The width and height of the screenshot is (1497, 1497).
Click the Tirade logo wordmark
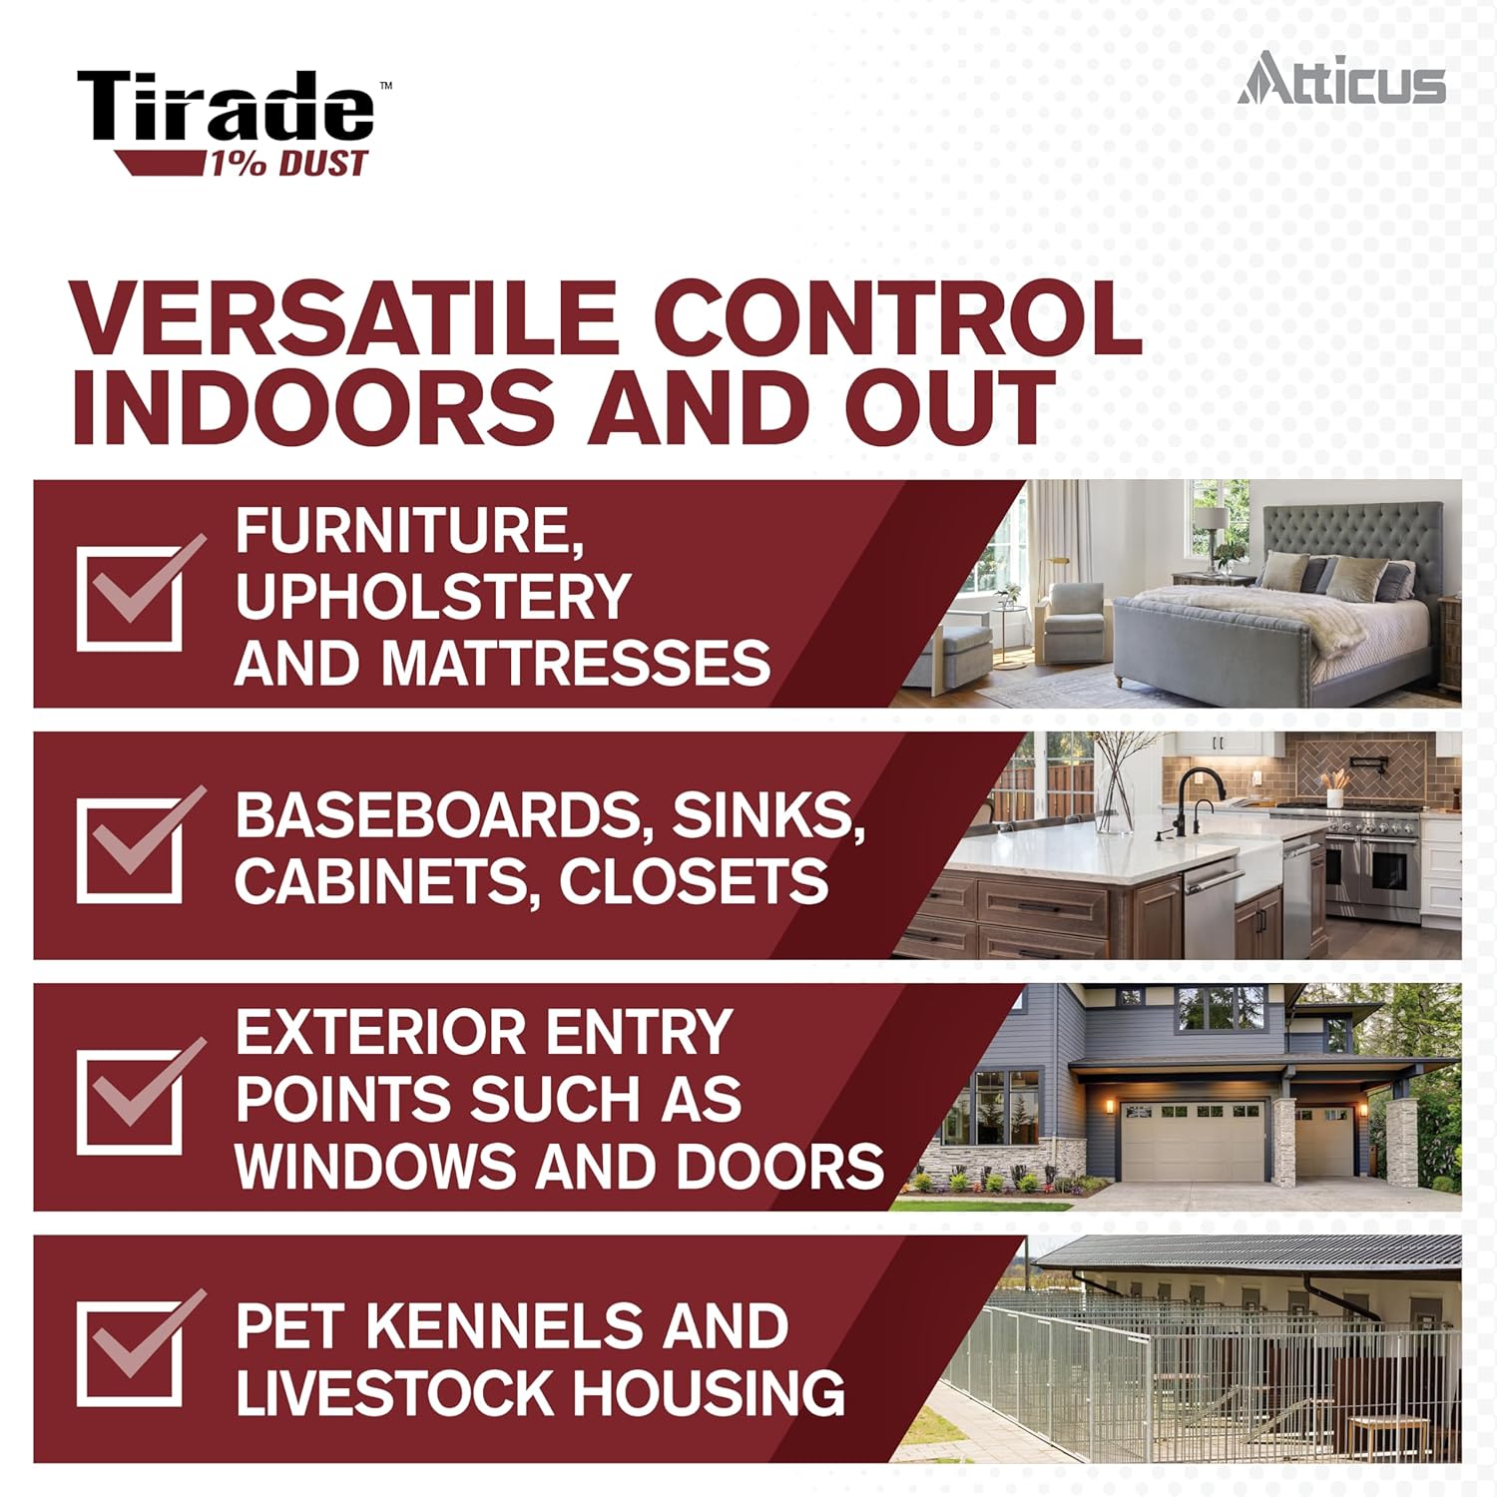228,107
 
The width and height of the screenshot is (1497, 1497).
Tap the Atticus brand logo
1341,79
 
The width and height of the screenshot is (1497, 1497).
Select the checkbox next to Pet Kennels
131,1354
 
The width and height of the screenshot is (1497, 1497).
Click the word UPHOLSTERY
432,597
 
